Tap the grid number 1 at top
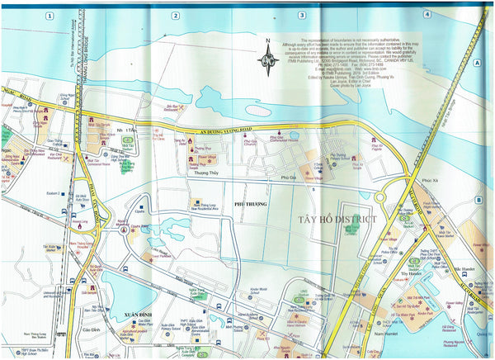pyautogui.click(x=49, y=15)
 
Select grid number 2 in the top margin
pyautogui.click(x=176, y=15)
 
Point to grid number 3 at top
pyautogui.click(x=302, y=15)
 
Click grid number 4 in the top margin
pyautogui.click(x=427, y=14)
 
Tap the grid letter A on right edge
pyautogui.click(x=477, y=62)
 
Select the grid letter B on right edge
pyautogui.click(x=478, y=199)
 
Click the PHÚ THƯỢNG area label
pyautogui.click(x=250, y=202)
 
